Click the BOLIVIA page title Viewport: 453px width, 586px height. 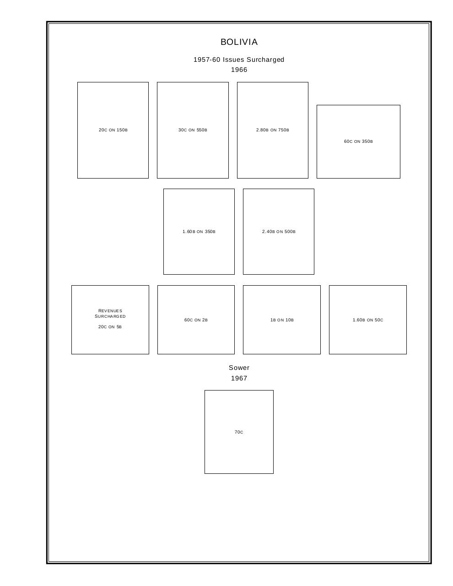pyautogui.click(x=239, y=42)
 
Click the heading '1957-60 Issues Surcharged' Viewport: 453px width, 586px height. pyautogui.click(x=239, y=60)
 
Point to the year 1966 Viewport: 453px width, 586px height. pyautogui.click(x=239, y=70)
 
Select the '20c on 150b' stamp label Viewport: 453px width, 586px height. pyautogui.click(x=113, y=130)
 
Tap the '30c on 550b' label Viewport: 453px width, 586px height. pyautogui.click(x=193, y=130)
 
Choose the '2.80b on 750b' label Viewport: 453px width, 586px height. pyautogui.click(x=272, y=130)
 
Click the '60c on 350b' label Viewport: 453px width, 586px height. pyautogui.click(x=358, y=141)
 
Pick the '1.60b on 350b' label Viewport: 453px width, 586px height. pyautogui.click(x=199, y=232)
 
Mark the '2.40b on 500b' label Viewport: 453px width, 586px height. pyautogui.click(x=279, y=232)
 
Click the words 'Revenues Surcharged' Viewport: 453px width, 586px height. pyautogui.click(x=110, y=314)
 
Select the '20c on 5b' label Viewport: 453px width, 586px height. pyautogui.click(x=110, y=327)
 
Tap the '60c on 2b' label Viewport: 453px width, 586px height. pyautogui.click(x=196, y=320)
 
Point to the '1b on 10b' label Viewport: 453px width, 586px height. pyautogui.click(x=282, y=320)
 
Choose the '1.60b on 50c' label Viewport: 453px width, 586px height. pyautogui.click(x=367, y=320)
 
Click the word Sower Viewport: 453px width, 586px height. pyautogui.click(x=239, y=368)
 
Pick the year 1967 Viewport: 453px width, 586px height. pyautogui.click(x=239, y=378)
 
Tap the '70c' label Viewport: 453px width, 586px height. pyautogui.click(x=239, y=432)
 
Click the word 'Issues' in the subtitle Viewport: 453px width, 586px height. pyautogui.click(x=233, y=60)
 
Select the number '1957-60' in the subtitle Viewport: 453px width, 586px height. pyautogui.click(x=207, y=60)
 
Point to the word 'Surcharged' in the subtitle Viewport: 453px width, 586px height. pyautogui.click(x=265, y=60)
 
